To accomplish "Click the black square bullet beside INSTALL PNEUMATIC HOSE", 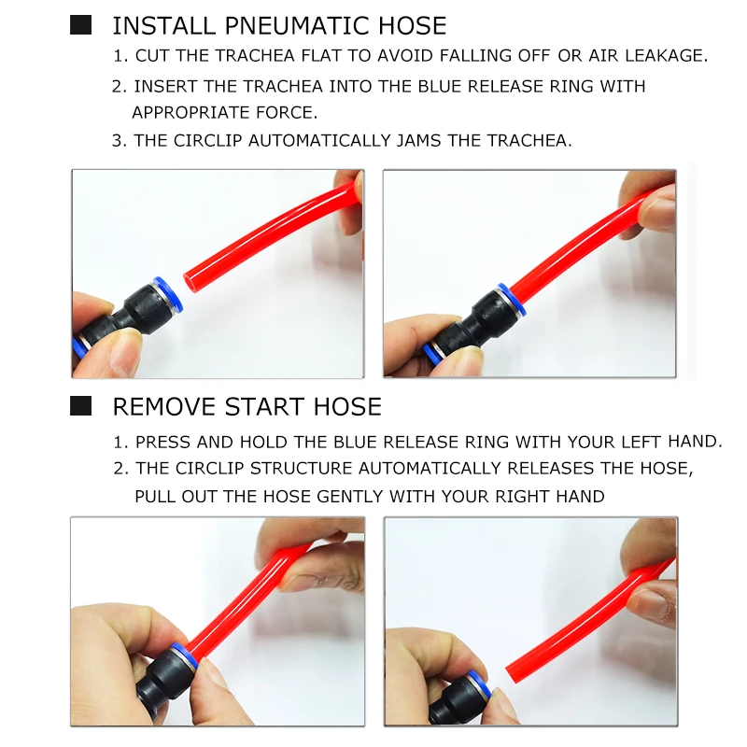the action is coord(80,25).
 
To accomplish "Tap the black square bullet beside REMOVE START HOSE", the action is coord(80,406).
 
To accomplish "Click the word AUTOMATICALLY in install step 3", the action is coord(319,141).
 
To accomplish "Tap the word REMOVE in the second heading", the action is coord(164,407).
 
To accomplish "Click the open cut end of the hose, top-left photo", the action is coord(190,283).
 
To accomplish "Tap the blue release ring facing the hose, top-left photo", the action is coord(168,294).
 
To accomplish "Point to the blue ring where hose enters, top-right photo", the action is coord(511,300).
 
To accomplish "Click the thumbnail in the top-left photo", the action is coord(125,353).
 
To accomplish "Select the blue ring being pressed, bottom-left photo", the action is coord(185,656).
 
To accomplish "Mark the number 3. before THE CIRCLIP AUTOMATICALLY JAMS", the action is coord(120,141).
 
